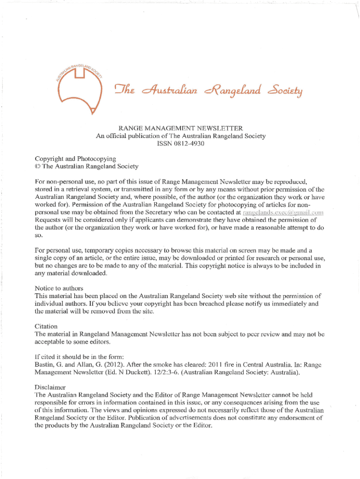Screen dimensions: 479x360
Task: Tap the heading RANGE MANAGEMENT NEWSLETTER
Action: (x=180, y=128)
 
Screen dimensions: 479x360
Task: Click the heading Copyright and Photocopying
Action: (x=75, y=159)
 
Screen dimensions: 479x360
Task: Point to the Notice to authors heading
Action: (x=59, y=288)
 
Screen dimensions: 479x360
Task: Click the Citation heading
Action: (x=46, y=326)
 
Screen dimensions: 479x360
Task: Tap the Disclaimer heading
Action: (x=50, y=387)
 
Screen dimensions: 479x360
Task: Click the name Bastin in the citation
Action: (x=45, y=364)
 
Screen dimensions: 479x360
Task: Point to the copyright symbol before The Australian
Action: (x=38, y=167)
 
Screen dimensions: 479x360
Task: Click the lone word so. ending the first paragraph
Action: (x=39, y=237)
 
